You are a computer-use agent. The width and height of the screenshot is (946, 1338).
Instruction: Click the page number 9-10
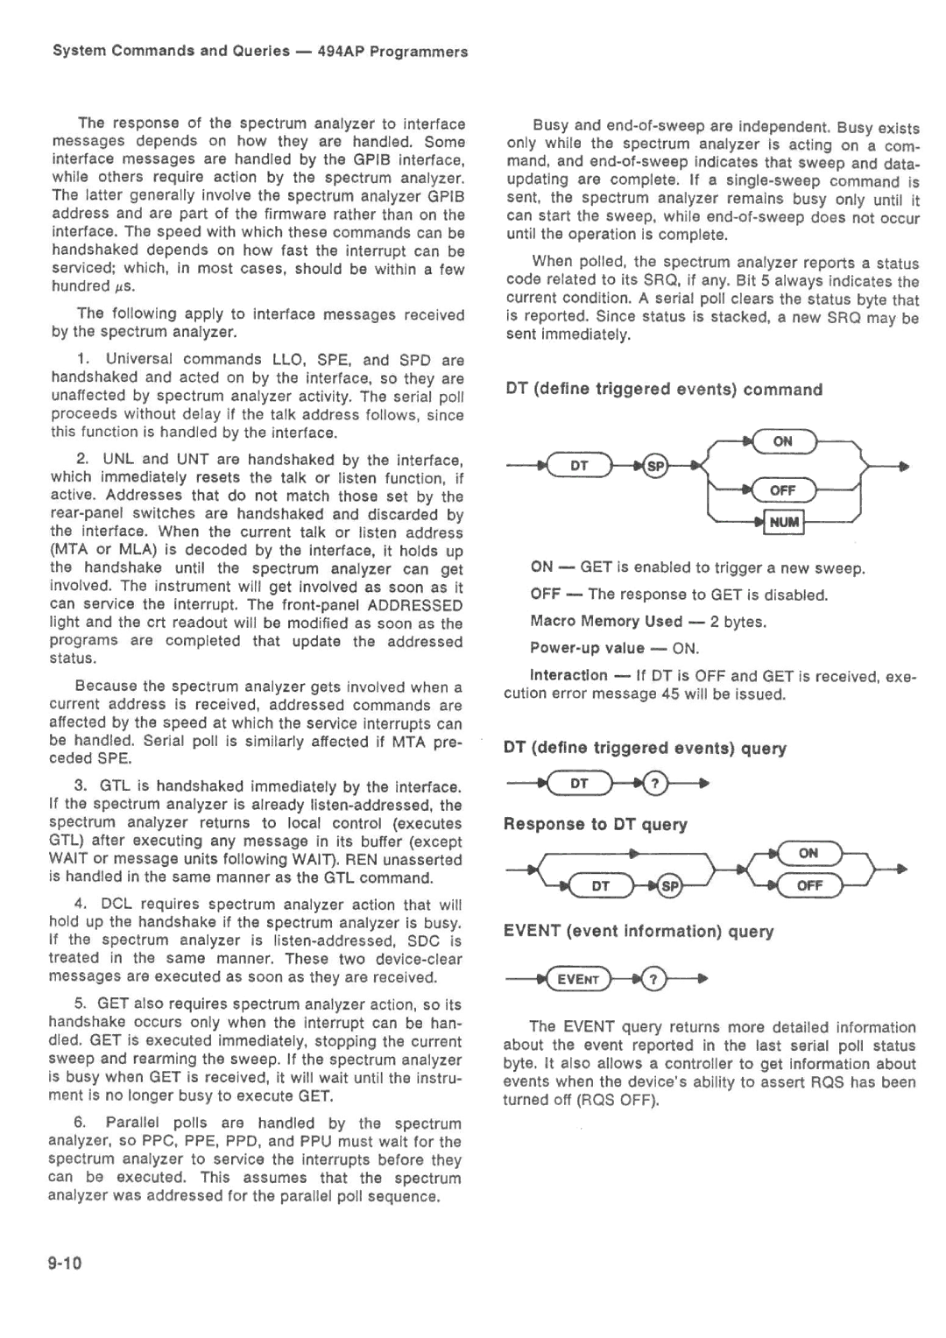click(66, 1262)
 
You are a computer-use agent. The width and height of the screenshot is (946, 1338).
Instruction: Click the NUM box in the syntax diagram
click(784, 523)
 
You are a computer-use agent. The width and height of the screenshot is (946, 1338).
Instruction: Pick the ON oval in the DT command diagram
click(782, 441)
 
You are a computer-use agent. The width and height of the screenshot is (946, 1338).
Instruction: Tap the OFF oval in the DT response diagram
click(808, 885)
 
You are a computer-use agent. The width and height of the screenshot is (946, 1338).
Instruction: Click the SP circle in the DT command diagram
click(654, 466)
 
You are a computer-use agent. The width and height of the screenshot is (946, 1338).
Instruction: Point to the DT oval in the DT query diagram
click(579, 784)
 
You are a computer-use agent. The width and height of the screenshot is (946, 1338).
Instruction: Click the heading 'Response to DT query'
click(595, 824)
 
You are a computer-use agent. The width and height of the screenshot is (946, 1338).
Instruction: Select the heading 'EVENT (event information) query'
click(638, 931)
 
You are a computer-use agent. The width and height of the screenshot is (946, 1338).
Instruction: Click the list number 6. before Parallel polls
click(81, 1123)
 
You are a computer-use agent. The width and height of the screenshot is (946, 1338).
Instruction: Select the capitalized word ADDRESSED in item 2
click(415, 605)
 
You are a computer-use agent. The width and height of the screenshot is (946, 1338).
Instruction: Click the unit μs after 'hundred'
click(124, 286)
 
